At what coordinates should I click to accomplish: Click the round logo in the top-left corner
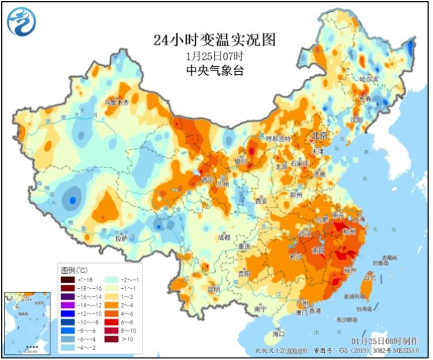tap(21, 21)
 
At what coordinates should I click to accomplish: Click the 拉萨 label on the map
tap(120, 238)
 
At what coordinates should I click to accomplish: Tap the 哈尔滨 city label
tap(369, 79)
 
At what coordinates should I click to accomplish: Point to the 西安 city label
tap(261, 201)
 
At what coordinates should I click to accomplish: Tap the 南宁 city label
tap(260, 309)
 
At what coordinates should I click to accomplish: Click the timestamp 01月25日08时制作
tap(388, 341)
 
